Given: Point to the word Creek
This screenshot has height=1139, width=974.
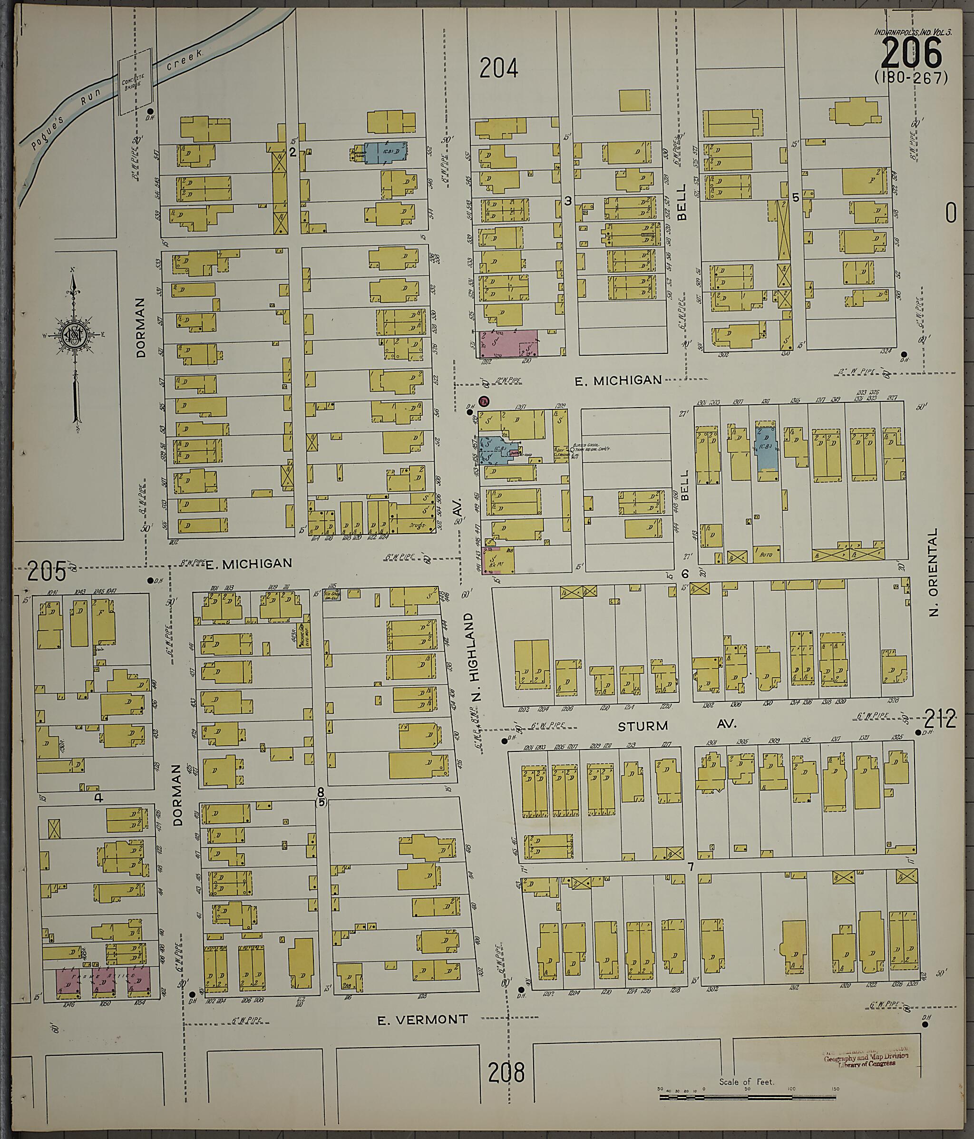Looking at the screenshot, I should click(185, 60).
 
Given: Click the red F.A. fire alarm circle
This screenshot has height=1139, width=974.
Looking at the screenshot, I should click(484, 402).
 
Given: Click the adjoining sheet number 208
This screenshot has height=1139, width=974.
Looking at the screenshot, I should click(506, 1071).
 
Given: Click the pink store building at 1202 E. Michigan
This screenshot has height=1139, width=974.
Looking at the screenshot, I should click(508, 343).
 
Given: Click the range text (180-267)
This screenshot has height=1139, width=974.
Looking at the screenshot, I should click(911, 78).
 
